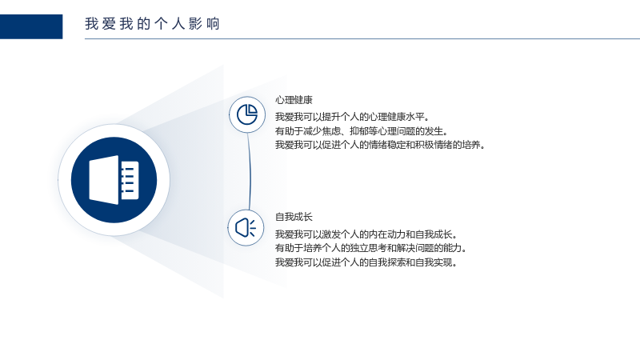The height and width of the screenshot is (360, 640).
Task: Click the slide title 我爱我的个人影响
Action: (152, 24)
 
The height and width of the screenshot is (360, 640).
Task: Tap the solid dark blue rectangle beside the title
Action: (31, 26)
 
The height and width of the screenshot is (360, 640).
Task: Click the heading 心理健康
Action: (294, 100)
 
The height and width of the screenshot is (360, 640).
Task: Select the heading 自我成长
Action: (294, 217)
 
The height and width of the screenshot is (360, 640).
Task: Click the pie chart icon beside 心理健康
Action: (247, 114)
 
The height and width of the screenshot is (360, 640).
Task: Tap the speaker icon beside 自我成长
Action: (246, 228)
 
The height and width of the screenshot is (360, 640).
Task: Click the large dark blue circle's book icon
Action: (114, 180)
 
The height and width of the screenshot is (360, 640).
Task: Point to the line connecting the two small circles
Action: (250, 171)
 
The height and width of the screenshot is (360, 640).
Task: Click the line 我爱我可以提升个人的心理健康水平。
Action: (352, 117)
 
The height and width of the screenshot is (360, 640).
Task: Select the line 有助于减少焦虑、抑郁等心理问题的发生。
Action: (362, 131)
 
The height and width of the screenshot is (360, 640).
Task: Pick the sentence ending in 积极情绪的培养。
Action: (380, 145)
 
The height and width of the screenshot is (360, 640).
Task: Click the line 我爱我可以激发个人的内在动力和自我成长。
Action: (366, 234)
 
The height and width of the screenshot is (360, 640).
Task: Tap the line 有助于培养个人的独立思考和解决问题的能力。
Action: (371, 248)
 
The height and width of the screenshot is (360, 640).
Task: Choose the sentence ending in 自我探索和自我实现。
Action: (366, 262)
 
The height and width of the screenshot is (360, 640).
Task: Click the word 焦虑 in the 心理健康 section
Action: (331, 131)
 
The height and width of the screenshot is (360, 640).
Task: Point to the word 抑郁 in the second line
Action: (359, 131)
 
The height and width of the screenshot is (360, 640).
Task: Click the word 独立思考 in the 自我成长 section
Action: (368, 248)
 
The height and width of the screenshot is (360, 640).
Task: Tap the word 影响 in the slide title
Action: (204, 24)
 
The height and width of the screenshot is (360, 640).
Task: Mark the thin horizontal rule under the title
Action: (362, 38)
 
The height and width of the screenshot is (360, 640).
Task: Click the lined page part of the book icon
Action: (130, 180)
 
